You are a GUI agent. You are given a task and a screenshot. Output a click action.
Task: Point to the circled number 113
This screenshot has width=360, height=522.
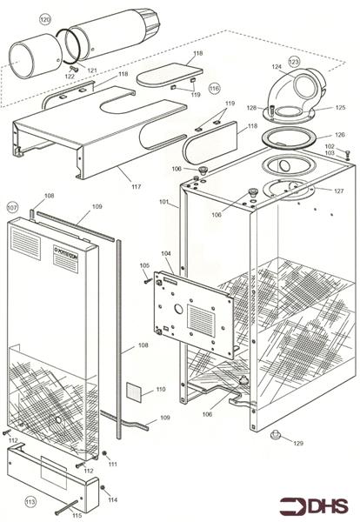[30, 501]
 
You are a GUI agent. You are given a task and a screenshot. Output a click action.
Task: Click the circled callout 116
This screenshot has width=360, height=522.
[215, 88]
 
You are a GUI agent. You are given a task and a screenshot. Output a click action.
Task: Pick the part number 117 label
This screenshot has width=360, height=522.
[135, 185]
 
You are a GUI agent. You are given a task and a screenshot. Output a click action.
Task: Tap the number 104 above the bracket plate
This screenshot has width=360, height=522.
[166, 253]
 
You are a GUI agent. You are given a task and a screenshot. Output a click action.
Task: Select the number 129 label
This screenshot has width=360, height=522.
[298, 444]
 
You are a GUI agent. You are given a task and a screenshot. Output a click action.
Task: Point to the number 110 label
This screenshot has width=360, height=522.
[159, 389]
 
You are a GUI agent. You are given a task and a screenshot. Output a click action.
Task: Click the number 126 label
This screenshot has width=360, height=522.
[339, 135]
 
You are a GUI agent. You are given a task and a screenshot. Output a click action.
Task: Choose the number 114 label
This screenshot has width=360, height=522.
[112, 499]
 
